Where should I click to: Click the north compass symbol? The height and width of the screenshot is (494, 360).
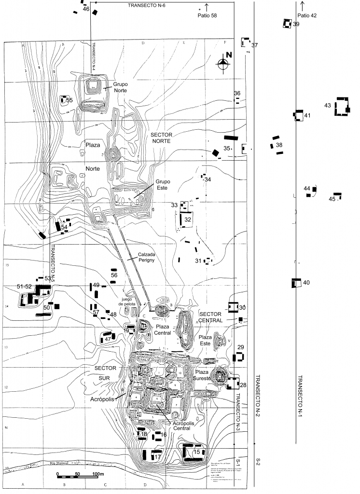(223, 61)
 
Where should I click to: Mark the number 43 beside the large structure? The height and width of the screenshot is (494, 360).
(328, 105)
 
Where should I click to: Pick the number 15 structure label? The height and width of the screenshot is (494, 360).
(196, 452)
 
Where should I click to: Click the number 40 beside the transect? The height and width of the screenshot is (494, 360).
(306, 283)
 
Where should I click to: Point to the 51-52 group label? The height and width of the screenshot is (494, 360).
(24, 286)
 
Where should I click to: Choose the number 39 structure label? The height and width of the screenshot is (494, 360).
(296, 24)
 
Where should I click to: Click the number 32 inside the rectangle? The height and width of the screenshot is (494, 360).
(188, 220)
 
